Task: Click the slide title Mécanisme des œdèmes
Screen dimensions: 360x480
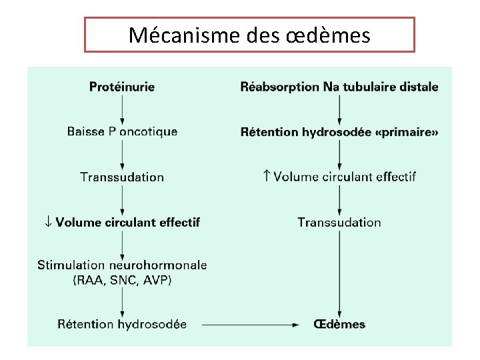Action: tap(249, 35)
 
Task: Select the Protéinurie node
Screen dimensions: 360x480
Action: tap(122, 87)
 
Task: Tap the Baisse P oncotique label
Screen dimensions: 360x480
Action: tap(122, 131)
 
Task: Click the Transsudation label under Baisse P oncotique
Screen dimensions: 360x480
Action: tap(122, 177)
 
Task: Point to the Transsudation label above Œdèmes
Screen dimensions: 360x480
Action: tap(339, 222)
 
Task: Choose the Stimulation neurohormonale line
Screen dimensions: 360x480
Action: tap(122, 265)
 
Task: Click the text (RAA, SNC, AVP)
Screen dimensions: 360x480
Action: tap(122, 281)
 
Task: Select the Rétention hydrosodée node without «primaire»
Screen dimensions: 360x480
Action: tap(122, 325)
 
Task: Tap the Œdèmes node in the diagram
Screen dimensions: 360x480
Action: tap(339, 325)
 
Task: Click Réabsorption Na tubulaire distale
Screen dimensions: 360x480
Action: tap(339, 87)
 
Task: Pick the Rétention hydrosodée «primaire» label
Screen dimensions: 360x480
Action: tap(339, 132)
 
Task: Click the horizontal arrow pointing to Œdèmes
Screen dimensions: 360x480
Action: tap(250, 325)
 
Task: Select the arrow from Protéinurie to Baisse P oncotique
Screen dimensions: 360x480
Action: tap(122, 109)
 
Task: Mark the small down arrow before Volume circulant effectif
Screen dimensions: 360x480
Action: tap(48, 222)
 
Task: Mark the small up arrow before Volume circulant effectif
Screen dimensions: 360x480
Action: tap(267, 177)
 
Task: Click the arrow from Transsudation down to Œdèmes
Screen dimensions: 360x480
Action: tap(339, 273)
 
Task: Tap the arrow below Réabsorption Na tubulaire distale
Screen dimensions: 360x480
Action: tap(339, 109)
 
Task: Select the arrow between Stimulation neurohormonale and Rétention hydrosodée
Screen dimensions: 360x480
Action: tap(122, 302)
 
